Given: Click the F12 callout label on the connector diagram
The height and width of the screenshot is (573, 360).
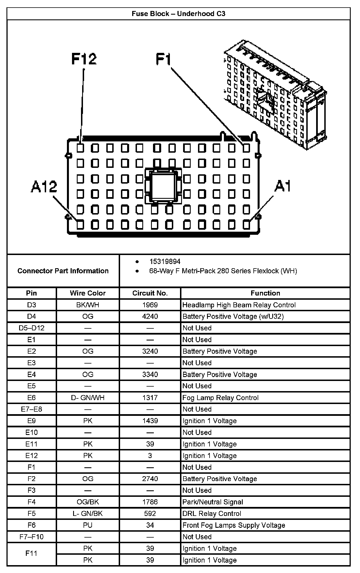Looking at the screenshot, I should click(84, 59).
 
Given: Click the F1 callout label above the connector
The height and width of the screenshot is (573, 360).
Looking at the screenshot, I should click(163, 59).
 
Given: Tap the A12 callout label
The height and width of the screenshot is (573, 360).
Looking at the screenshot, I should click(44, 187).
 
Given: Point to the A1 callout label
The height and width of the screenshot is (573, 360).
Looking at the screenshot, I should click(282, 186).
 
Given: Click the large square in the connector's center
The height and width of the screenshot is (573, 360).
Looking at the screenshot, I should click(163, 186).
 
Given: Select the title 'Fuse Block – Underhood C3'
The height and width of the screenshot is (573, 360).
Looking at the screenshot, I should click(179, 14).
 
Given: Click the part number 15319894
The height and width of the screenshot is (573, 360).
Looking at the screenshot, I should click(165, 261).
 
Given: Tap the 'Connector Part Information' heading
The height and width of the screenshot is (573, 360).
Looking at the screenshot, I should click(63, 271).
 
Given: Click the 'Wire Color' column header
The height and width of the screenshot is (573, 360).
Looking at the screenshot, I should click(88, 293).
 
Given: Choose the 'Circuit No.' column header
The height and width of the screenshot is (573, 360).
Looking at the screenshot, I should click(150, 293).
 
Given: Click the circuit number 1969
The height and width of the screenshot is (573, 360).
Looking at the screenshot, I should click(150, 305).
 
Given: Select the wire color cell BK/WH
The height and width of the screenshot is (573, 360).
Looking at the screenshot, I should click(88, 305).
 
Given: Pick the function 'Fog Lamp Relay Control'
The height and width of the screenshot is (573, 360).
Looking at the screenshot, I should click(220, 398).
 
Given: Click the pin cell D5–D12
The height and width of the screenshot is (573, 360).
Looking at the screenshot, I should click(31, 328).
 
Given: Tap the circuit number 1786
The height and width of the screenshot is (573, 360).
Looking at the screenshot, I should click(150, 502).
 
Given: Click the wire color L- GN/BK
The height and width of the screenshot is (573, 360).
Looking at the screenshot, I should click(88, 514).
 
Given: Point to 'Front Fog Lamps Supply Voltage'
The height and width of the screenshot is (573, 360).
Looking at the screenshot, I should click(234, 525).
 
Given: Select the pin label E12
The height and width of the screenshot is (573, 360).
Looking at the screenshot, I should click(31, 456).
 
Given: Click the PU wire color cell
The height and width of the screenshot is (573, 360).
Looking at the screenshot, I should click(88, 525).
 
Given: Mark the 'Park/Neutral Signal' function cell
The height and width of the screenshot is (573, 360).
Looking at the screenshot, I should click(213, 502).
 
